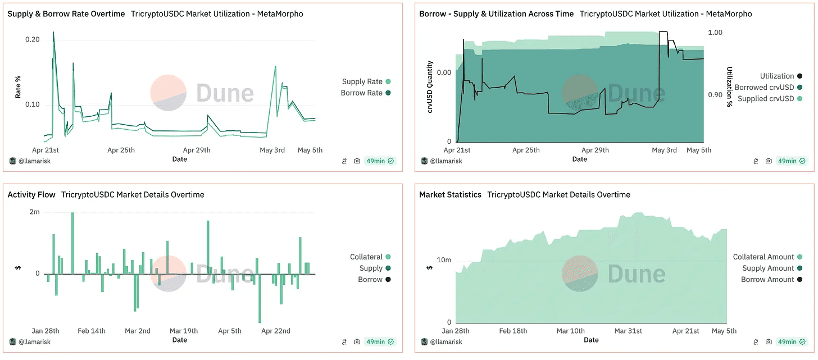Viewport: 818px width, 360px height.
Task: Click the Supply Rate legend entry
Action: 362,81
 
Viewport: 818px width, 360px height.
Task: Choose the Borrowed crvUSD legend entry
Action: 764,87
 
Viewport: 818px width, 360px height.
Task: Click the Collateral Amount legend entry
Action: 764,257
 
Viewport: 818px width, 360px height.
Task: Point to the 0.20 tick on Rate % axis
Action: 33,39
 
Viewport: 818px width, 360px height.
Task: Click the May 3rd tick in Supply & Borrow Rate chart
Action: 272,150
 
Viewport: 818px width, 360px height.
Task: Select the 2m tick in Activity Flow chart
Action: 35,212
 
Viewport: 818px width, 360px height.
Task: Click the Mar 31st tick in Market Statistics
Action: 628,331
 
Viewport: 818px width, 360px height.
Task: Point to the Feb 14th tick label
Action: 92,331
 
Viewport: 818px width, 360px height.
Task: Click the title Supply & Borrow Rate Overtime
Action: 66,13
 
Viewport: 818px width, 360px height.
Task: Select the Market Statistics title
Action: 450,194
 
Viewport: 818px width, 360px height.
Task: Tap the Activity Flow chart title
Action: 31,194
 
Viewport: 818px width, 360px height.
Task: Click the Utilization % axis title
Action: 730,86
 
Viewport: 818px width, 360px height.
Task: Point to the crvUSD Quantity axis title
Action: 430,87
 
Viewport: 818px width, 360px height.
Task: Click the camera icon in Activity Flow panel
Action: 357,341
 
